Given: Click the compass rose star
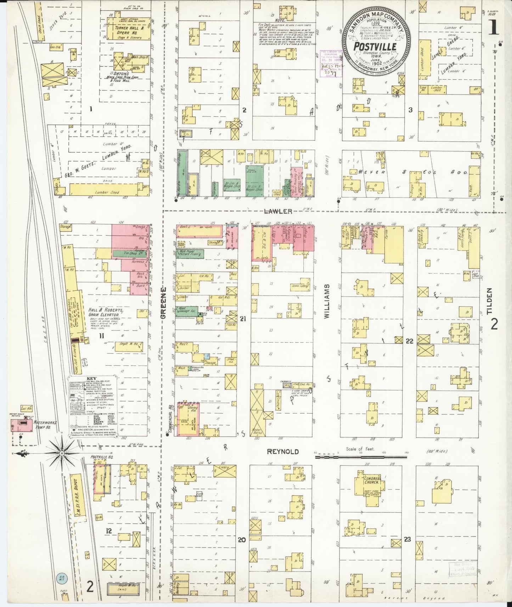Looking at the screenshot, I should (x=62, y=453).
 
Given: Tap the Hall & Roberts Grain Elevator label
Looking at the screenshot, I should (x=106, y=312).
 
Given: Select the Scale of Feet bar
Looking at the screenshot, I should (x=361, y=457).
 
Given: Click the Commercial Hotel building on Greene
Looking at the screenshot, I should (x=187, y=419).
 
